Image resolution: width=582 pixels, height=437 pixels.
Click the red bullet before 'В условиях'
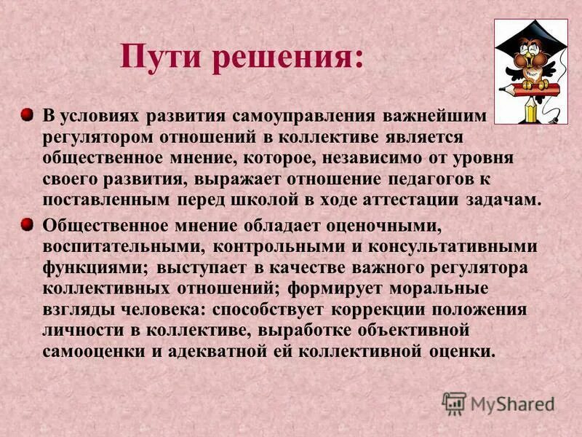pos(26,115)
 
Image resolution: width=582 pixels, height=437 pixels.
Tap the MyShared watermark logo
pos(498,403)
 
